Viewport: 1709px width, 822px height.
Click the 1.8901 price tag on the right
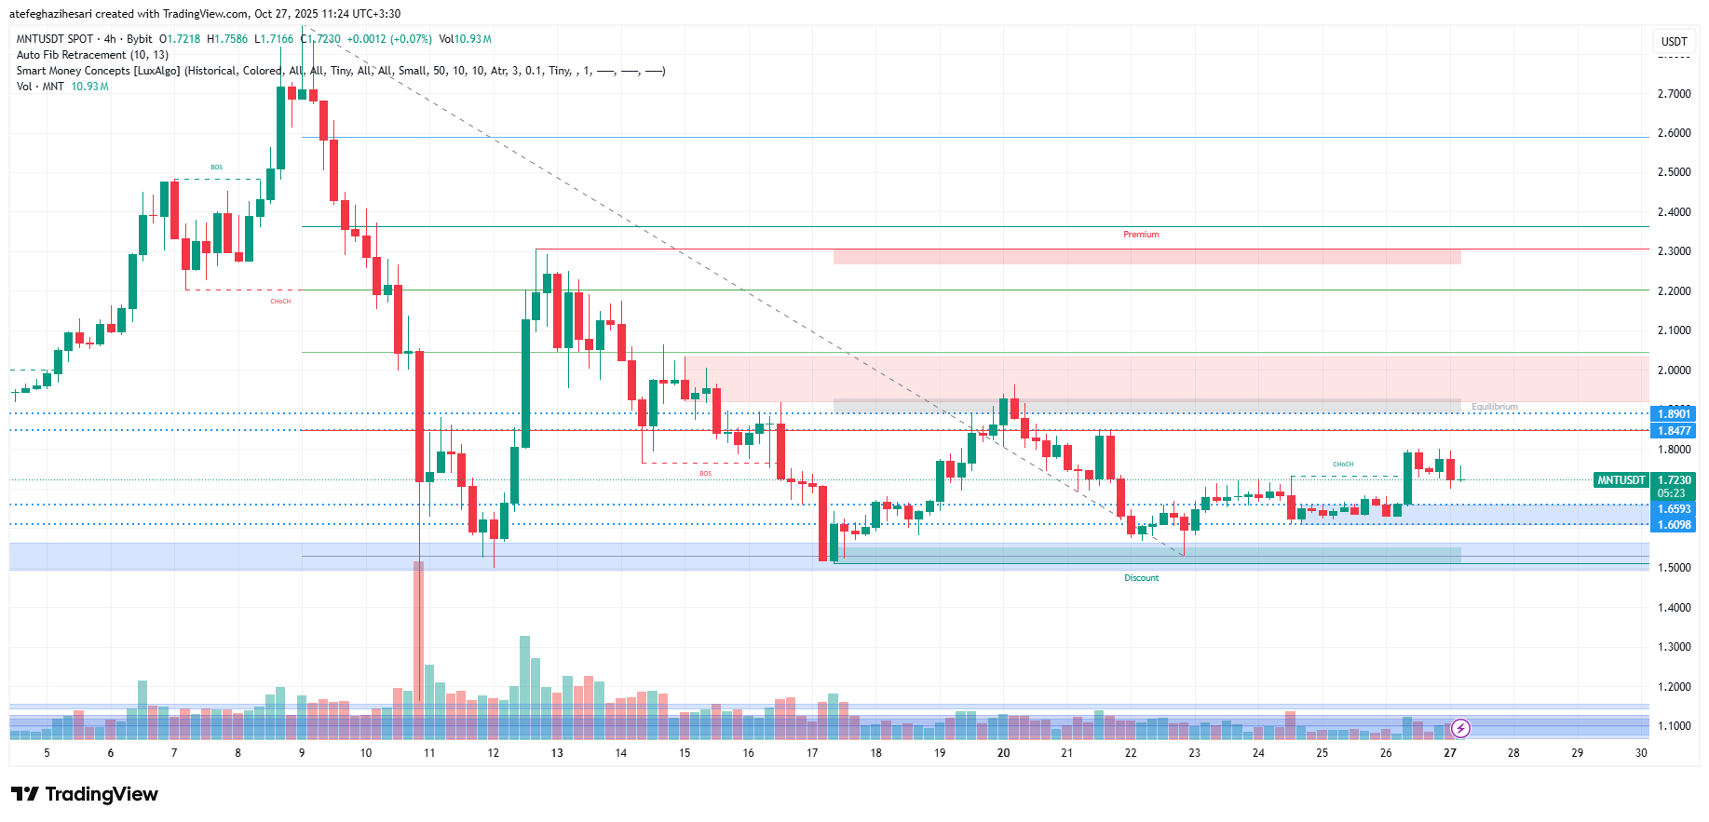pos(1674,414)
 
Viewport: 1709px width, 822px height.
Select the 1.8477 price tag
pos(1674,431)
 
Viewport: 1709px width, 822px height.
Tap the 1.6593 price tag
pos(1674,509)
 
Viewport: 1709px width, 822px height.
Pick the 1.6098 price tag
pos(1674,525)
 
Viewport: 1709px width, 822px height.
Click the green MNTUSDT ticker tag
pos(1621,480)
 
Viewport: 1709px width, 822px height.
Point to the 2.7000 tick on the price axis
pos(1674,94)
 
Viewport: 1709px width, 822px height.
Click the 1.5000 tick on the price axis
pos(1674,568)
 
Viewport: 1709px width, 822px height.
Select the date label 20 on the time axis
pos(1003,753)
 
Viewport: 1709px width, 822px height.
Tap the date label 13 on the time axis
pos(557,753)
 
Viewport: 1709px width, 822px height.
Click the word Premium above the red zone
pos(1141,235)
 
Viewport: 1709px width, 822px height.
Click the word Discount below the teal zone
pos(1141,578)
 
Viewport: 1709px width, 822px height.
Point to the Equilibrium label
pos(1494,407)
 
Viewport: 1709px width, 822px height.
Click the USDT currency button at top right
pos(1674,41)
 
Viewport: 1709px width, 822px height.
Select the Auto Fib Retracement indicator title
pos(92,55)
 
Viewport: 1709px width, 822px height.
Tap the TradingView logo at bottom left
pos(85,794)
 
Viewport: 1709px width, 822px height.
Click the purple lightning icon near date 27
pos(1460,728)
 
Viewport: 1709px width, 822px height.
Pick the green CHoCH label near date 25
pos(1343,465)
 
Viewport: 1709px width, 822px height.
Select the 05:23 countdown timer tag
pos(1671,493)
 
